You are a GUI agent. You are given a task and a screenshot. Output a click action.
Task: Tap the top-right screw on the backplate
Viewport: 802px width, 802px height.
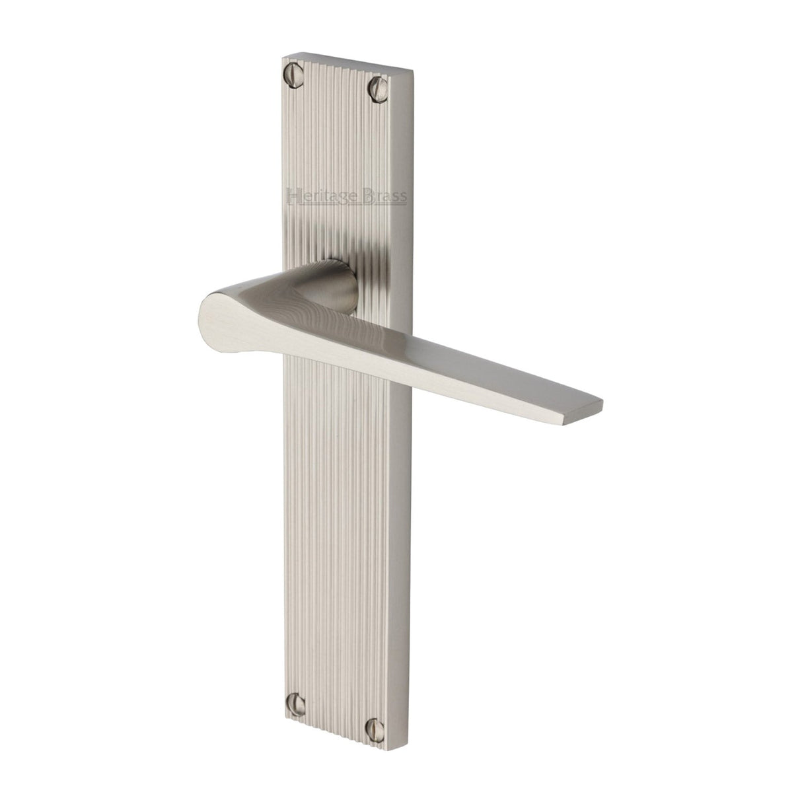point(378,85)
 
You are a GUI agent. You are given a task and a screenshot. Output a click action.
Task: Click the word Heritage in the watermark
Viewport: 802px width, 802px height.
point(323,195)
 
